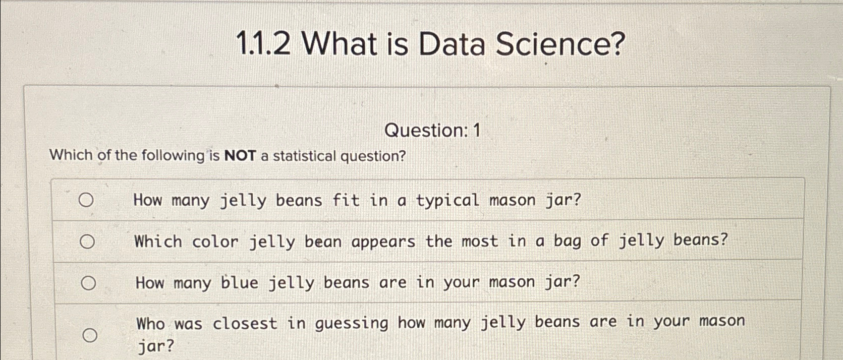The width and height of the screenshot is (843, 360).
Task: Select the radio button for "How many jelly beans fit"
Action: coord(86,200)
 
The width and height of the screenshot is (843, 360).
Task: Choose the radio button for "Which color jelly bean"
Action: coord(87,242)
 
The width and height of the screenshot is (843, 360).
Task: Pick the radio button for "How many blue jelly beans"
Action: coord(88,283)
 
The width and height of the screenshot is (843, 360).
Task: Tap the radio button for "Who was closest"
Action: coord(90,335)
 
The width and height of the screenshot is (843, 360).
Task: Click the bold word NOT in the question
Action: coord(240,156)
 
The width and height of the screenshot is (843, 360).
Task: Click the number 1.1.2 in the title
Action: coord(263,44)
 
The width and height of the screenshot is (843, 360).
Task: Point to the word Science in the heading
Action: coord(560,44)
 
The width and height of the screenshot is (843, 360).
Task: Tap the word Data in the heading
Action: coord(452,44)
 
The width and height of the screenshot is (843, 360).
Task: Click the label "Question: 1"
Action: coord(432,131)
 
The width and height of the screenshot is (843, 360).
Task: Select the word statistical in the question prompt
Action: coord(304,156)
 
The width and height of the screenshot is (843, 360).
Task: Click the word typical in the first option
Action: coord(447,201)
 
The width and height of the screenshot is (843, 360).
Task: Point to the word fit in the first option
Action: coord(346,200)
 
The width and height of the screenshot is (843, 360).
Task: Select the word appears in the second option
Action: coord(383,242)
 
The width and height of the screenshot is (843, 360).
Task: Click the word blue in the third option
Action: coord(240,282)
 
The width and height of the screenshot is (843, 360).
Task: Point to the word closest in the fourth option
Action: coord(245,323)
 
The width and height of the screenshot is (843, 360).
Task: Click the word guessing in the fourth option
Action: coord(352,323)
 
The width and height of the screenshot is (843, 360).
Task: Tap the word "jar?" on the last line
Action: coord(155,346)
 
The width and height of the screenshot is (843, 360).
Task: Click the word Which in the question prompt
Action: coord(71,155)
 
